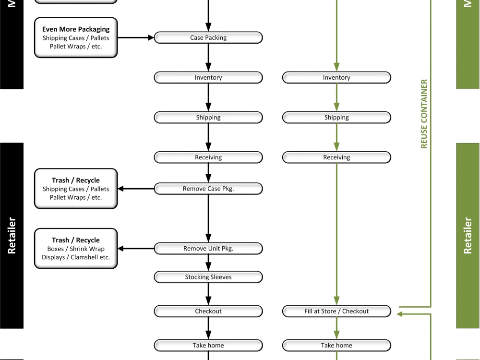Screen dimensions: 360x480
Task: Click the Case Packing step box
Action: (x=208, y=37)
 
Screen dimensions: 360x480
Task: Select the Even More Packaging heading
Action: (x=76, y=29)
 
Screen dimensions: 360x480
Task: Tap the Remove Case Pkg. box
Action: (x=208, y=189)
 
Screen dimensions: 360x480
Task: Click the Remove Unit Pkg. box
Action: (x=208, y=249)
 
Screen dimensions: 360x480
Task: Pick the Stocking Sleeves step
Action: (x=208, y=277)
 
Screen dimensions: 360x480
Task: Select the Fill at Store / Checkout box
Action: (x=336, y=311)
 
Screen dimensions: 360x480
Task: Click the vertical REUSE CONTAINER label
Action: (x=424, y=114)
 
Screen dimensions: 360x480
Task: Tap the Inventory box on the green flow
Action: (x=336, y=77)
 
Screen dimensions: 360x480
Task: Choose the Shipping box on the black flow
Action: (x=208, y=117)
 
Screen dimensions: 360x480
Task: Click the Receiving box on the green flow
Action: (x=336, y=157)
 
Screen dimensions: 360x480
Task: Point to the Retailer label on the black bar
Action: (x=12, y=235)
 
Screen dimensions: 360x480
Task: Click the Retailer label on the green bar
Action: (x=468, y=235)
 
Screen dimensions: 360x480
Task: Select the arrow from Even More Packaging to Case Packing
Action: (x=135, y=37)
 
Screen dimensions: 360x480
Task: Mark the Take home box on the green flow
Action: (x=336, y=345)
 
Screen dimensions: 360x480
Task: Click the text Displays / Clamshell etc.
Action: (x=76, y=257)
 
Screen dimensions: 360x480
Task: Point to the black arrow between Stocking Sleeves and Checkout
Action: (x=208, y=294)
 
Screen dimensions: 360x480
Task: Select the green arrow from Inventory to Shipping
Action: (x=336, y=97)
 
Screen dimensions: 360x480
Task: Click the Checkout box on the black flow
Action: (x=208, y=311)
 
